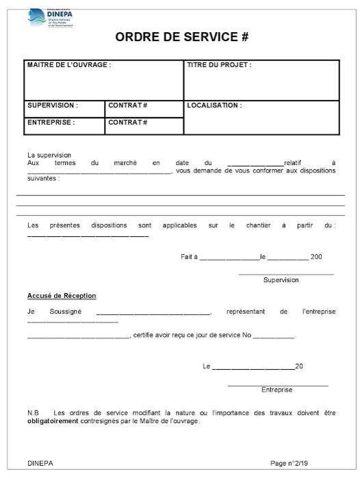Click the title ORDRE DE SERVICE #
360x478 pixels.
pos(181,38)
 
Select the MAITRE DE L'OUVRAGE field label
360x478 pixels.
pos(68,65)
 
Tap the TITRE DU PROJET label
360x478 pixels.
pos(219,65)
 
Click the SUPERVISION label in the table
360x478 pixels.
pos(53,106)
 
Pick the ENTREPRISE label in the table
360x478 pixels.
pos(51,123)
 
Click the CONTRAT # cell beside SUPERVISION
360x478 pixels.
pos(128,106)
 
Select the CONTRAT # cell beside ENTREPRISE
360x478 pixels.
pos(128,123)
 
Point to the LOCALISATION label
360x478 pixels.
pos(214,106)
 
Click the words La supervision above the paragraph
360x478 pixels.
pos(49,155)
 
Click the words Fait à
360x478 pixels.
pos(189,257)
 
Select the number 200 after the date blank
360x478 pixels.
pos(316,257)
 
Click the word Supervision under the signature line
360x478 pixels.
pos(281,280)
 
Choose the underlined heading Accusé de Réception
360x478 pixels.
pos(62,296)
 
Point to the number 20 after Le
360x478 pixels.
pos(299,366)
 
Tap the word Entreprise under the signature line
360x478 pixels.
pos(277,390)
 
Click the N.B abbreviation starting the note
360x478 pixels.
pos(33,413)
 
